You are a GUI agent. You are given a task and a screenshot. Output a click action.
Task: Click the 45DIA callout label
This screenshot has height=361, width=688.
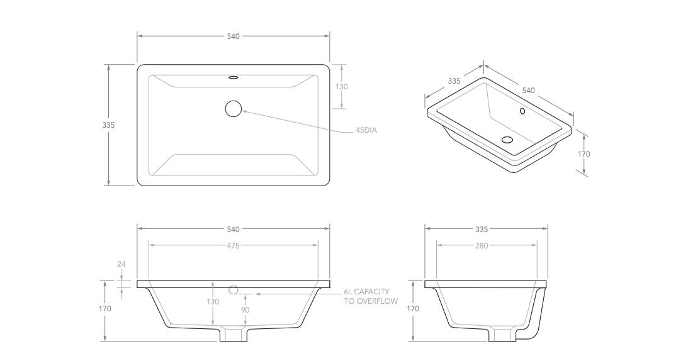pyautogui.click(x=366, y=130)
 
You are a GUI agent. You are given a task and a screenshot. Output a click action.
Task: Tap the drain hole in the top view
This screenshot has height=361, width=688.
pyautogui.click(x=234, y=109)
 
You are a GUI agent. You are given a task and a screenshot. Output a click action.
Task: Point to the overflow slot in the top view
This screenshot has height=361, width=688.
pyautogui.click(x=234, y=77)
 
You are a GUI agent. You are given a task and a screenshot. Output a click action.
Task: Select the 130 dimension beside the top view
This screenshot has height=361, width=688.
pyautogui.click(x=342, y=86)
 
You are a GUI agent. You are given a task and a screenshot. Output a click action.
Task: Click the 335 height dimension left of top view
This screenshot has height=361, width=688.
pyautogui.click(x=108, y=125)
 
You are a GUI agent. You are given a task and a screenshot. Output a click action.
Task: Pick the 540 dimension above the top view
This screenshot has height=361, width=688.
pyautogui.click(x=234, y=36)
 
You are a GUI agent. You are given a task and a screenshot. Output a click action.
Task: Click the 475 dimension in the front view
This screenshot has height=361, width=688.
pyautogui.click(x=234, y=246)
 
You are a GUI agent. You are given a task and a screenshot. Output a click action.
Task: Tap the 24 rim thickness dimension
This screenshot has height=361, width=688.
pyautogui.click(x=121, y=264)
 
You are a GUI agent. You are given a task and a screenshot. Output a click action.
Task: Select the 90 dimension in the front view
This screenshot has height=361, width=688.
pyautogui.click(x=245, y=309)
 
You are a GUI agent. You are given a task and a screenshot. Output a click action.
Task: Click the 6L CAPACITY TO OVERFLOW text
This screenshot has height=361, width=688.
pyautogui.click(x=371, y=296)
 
